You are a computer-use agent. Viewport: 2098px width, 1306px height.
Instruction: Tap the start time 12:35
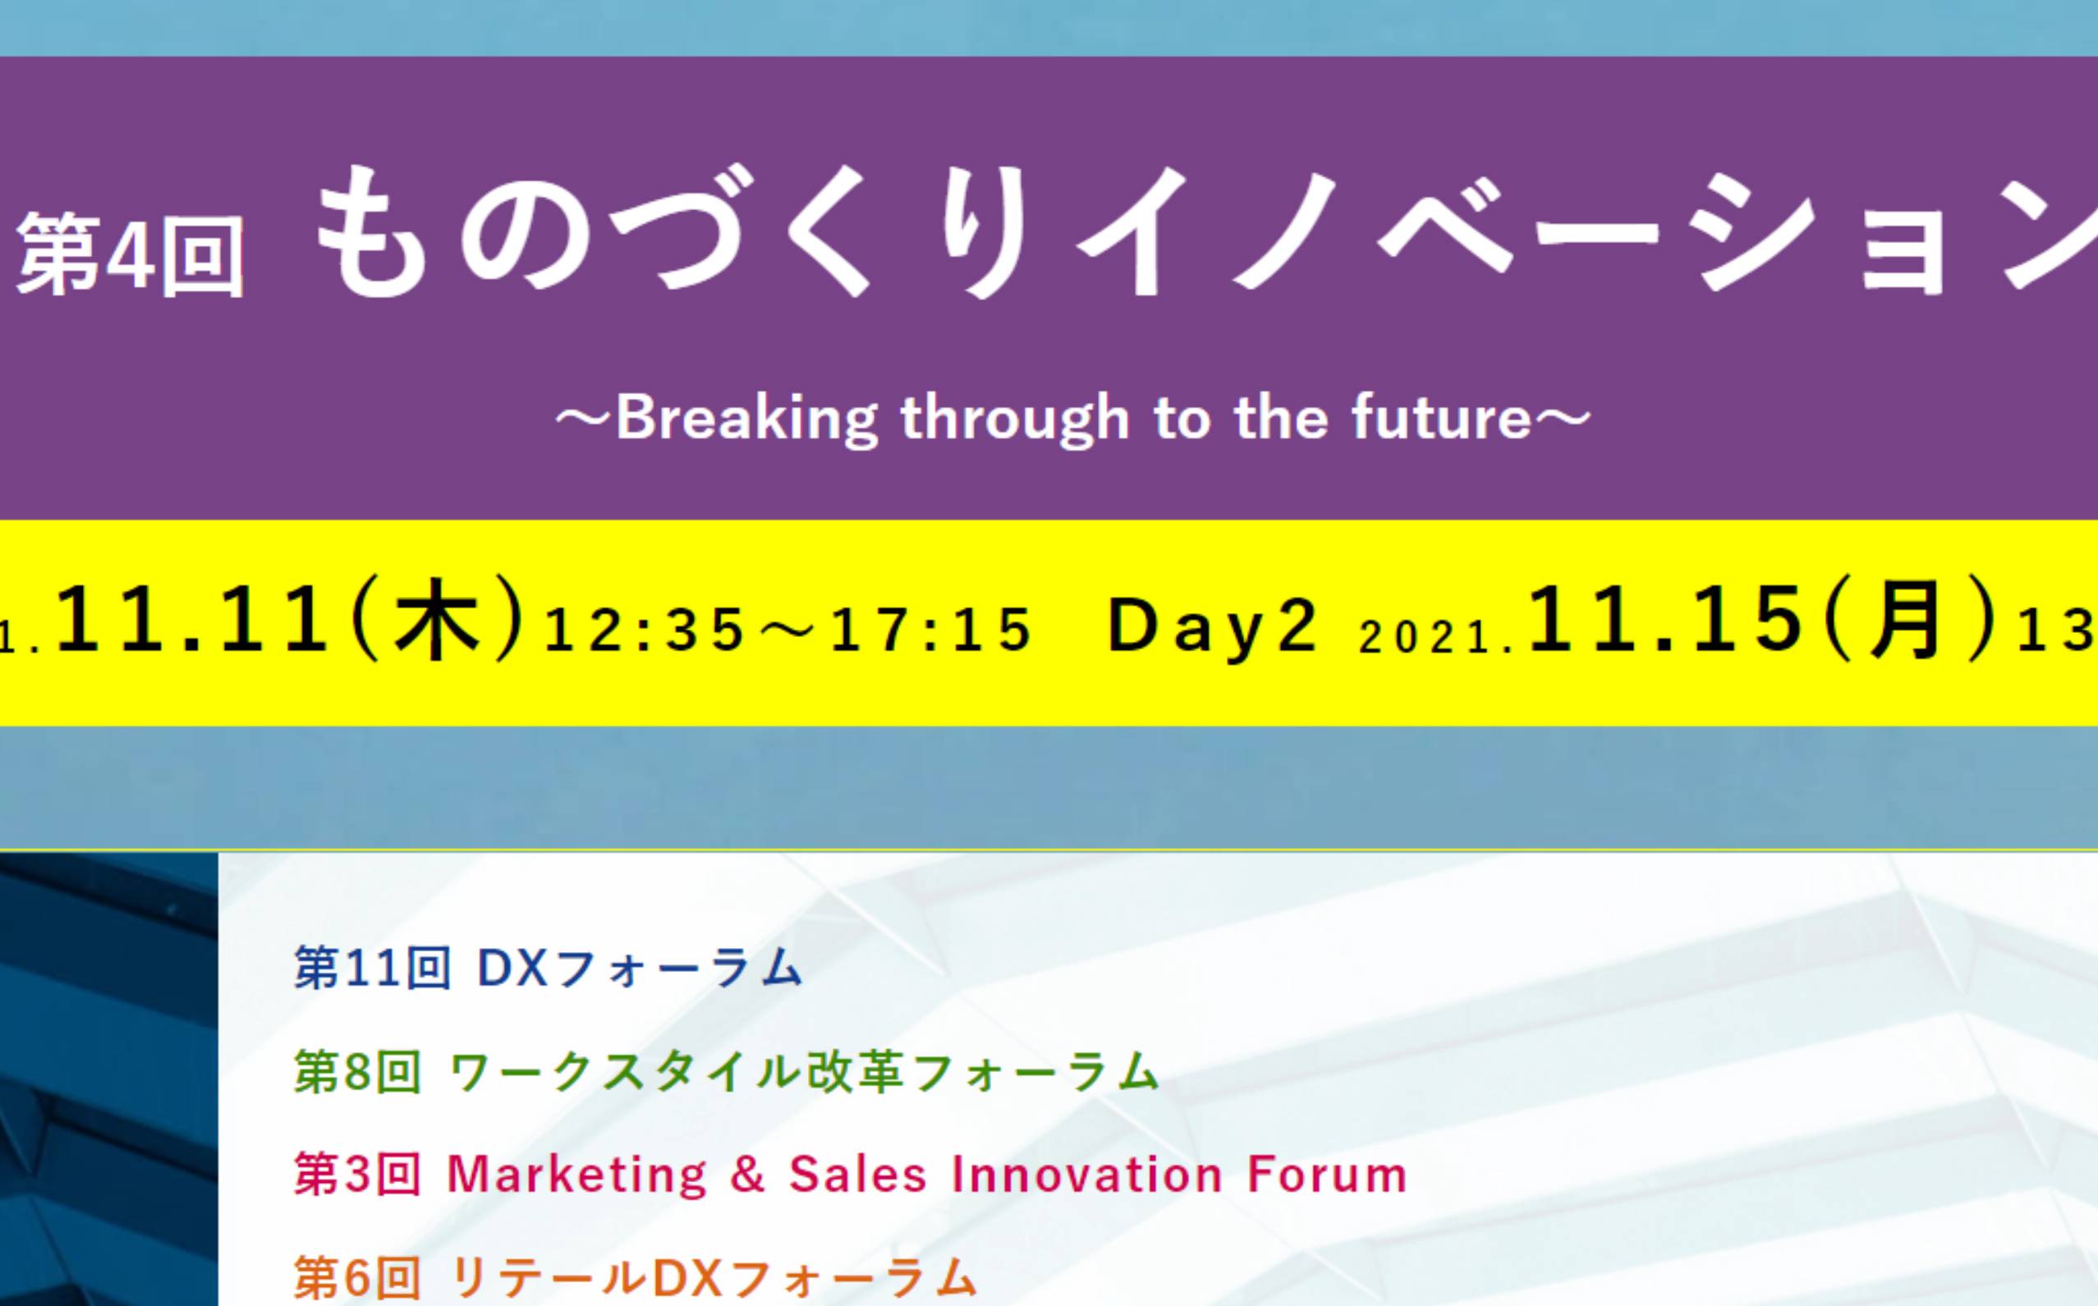tap(645, 628)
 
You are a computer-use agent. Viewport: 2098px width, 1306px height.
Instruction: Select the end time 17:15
tap(931, 628)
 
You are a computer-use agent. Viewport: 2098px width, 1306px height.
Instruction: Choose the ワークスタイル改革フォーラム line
tap(804, 1072)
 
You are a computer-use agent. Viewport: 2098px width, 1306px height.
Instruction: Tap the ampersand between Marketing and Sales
tap(748, 1175)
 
